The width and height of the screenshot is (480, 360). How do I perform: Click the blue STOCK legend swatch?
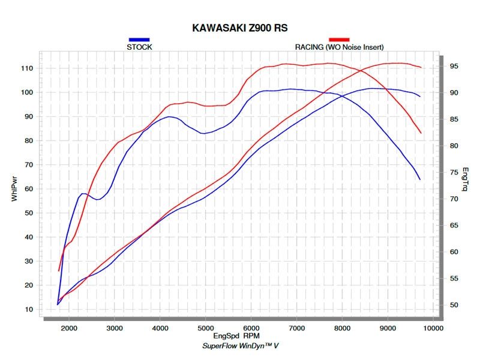(x=139, y=40)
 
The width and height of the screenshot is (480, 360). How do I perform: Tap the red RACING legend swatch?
(x=339, y=40)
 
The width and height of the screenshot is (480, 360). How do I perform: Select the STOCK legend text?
(x=139, y=47)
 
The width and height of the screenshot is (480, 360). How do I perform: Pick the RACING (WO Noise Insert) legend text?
(x=339, y=47)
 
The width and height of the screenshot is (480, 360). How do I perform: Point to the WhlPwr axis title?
(x=14, y=188)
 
